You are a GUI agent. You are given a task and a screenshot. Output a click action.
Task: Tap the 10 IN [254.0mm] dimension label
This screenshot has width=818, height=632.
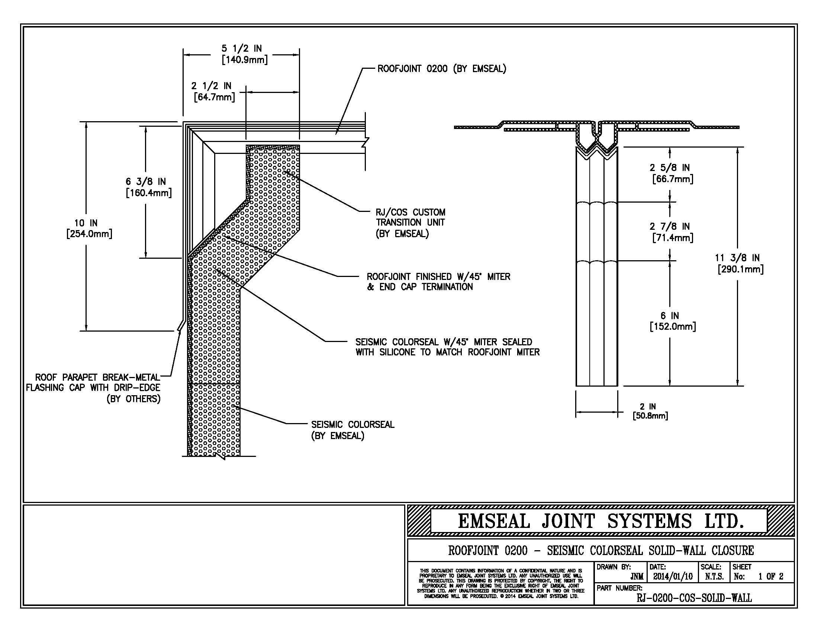click(89, 228)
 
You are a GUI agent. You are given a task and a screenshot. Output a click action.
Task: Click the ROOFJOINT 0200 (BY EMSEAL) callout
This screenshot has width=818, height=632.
click(442, 69)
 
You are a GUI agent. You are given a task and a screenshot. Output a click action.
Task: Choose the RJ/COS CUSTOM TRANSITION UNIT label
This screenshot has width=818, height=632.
click(410, 223)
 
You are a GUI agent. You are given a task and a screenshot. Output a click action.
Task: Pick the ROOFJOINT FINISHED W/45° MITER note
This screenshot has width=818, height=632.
click(438, 281)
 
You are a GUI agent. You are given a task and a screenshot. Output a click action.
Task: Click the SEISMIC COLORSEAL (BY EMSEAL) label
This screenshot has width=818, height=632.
click(353, 430)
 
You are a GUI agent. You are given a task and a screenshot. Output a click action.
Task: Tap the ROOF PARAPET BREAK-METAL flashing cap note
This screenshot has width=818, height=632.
click(93, 388)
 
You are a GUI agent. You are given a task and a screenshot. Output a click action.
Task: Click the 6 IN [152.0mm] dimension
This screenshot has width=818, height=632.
click(673, 321)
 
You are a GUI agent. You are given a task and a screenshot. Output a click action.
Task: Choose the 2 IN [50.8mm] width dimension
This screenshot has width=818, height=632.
click(650, 411)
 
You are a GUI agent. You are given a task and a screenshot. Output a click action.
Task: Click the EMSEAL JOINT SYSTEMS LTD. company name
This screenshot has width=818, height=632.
click(601, 521)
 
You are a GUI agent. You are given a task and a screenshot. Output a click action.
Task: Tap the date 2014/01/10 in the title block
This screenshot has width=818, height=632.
click(673, 576)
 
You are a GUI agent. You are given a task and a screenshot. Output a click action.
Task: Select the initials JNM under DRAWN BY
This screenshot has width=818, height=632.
click(637, 577)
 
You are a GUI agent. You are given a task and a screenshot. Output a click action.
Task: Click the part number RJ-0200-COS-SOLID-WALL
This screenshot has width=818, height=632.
click(694, 598)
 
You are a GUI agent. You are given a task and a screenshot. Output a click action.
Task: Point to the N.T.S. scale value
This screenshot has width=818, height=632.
click(714, 577)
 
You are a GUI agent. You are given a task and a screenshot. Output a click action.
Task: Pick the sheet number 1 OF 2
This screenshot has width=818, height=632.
click(771, 577)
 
